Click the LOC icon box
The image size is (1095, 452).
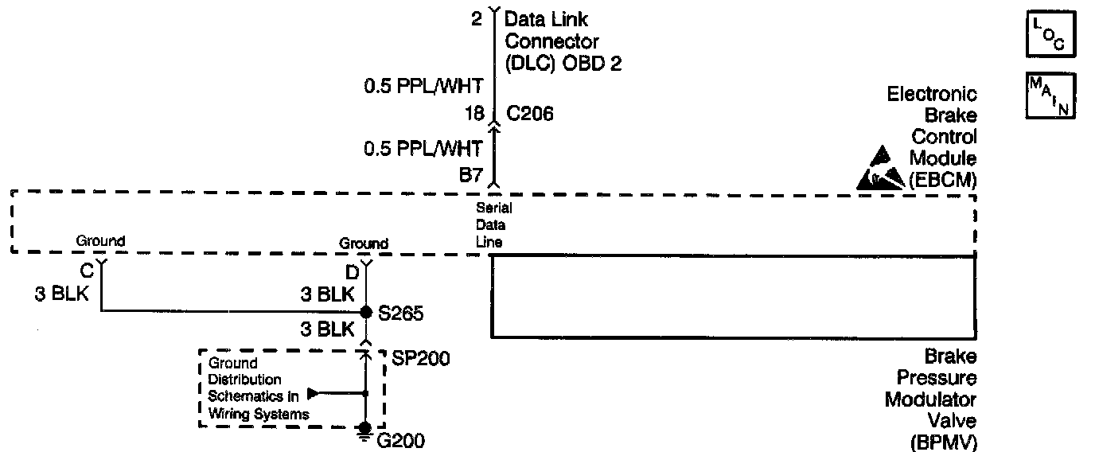1050,33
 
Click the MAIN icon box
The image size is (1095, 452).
1050,95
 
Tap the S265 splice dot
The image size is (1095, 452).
366,311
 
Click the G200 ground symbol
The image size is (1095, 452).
365,431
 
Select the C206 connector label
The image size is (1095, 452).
529,115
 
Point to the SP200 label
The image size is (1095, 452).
420,359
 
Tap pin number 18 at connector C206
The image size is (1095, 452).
474,115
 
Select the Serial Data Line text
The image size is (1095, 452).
493,225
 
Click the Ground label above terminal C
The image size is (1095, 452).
100,240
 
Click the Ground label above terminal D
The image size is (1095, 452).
364,244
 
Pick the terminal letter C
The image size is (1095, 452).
87,269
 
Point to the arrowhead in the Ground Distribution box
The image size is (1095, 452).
313,392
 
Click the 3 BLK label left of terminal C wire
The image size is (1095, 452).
61,294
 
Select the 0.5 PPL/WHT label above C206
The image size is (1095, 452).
423,86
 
